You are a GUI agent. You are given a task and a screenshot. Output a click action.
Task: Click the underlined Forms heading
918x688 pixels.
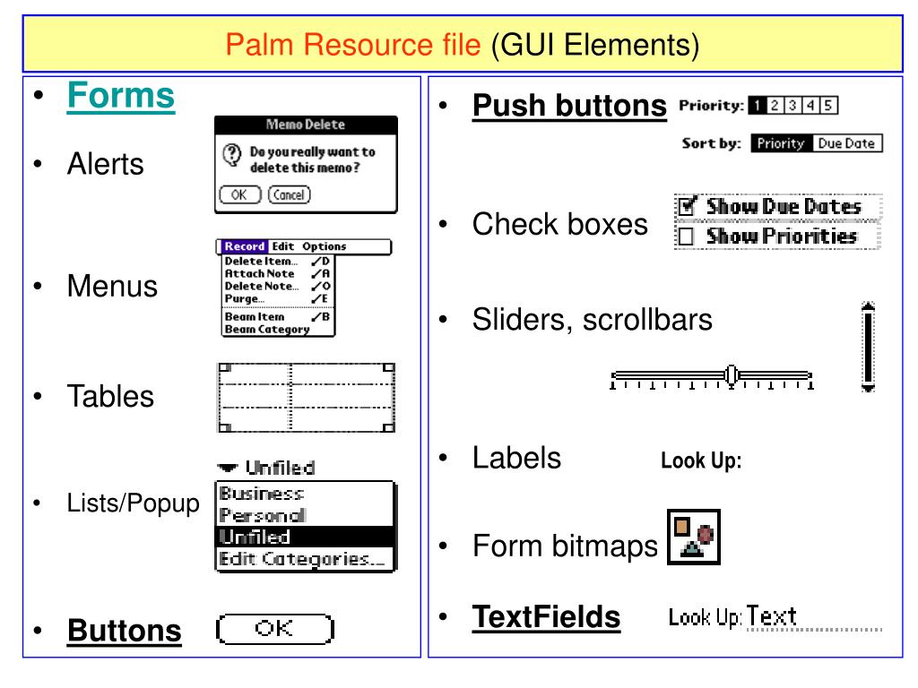(x=121, y=96)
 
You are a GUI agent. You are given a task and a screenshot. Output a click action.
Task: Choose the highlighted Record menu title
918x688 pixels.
(x=245, y=246)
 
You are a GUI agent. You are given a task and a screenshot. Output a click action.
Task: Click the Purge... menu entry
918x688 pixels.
(x=244, y=298)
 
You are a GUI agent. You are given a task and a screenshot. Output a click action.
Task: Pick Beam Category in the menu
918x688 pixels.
(x=266, y=329)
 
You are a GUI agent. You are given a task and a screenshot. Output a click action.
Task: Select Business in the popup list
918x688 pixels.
(x=262, y=494)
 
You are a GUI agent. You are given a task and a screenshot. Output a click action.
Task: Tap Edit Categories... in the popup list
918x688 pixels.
(x=305, y=558)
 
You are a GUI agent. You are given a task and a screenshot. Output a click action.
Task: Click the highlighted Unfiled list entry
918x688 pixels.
(x=255, y=537)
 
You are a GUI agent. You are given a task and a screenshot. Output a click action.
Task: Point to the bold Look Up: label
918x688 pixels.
(x=701, y=462)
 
